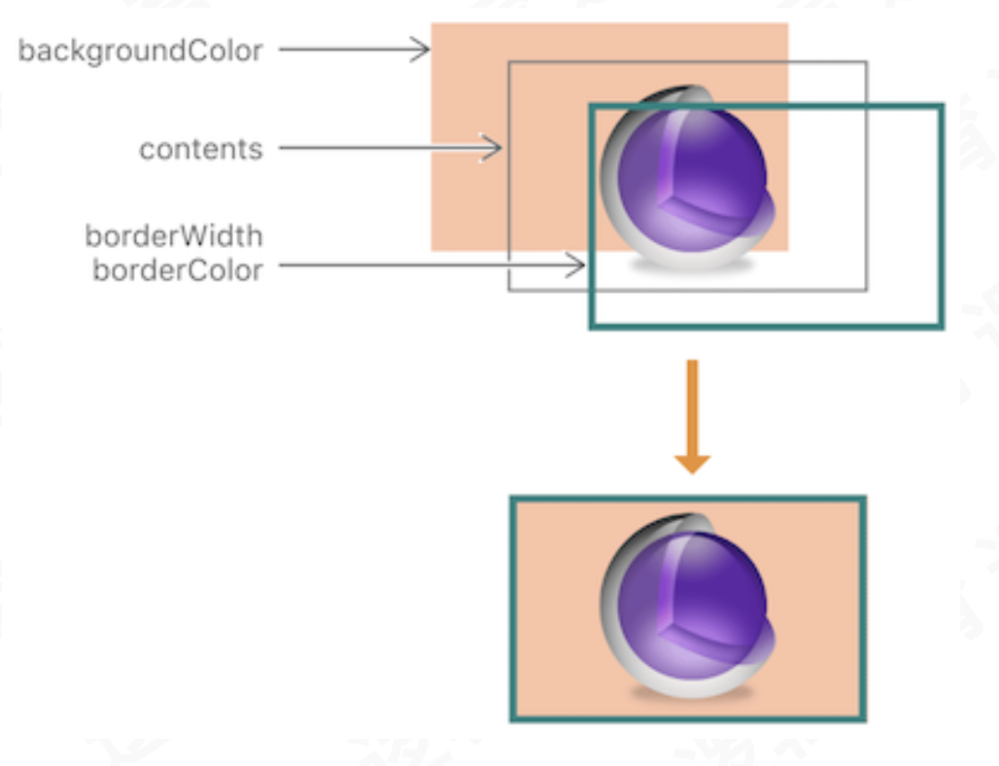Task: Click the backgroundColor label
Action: tap(140, 51)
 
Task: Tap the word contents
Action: tap(200, 150)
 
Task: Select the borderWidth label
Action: tap(173, 236)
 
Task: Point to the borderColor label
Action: tap(177, 270)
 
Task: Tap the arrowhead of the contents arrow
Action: tap(495, 149)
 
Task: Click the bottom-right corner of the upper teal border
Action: tap(941, 326)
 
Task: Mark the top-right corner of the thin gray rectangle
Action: tap(866, 62)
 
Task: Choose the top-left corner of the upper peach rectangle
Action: tap(432, 24)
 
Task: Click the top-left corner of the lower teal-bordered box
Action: tap(512, 500)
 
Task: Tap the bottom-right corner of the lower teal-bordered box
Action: tap(863, 718)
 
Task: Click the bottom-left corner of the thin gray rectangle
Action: tap(509, 290)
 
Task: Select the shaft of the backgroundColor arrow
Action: tap(340, 50)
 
